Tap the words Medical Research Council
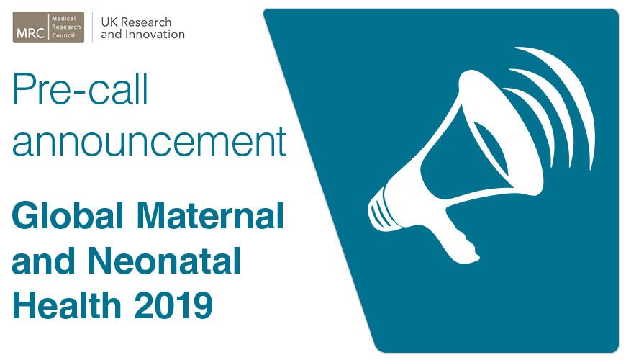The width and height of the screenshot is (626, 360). click(65, 27)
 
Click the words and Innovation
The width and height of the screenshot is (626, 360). click(142, 34)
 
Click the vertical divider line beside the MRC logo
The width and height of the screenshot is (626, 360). click(92, 27)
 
